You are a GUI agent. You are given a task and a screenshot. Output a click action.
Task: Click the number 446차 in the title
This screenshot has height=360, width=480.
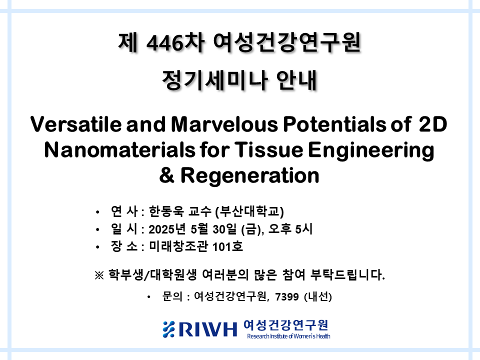175,42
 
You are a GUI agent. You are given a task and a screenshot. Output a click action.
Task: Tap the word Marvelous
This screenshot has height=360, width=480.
224,124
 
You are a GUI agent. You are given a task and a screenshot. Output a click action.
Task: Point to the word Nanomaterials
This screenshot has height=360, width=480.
119,150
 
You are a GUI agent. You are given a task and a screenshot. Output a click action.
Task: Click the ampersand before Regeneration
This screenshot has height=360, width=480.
167,175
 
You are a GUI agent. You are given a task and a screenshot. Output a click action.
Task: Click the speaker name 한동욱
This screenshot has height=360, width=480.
166,211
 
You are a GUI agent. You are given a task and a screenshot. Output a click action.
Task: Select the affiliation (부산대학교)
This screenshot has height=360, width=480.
249,211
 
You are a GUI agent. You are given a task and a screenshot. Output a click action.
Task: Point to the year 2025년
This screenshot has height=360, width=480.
167,229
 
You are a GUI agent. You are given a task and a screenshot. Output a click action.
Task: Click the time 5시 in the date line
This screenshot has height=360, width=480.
303,229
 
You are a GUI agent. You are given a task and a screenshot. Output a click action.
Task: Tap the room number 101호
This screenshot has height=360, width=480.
227,246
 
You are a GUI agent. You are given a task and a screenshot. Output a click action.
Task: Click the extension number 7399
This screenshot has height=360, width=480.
287,296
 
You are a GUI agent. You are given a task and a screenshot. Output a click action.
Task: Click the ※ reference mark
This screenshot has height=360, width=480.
99,275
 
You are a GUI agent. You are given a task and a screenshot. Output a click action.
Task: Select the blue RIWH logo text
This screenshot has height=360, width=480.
207,329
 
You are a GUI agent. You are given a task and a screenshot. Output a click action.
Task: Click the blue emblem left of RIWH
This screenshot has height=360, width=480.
168,329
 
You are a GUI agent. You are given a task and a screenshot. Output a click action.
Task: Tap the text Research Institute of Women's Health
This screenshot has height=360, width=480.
288,336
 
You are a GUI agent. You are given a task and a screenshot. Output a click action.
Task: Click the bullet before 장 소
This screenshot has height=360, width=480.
97,246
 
